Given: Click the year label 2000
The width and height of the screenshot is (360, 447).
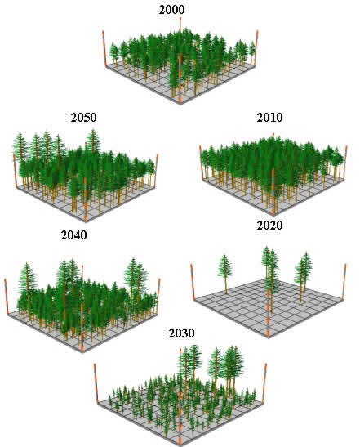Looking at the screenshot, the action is [171, 10].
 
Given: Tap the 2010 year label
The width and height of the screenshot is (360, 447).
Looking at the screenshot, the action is [269, 118].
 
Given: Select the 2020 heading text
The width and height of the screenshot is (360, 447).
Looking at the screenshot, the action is [269, 226].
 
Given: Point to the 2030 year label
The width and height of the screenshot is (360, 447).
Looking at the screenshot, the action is [182, 333].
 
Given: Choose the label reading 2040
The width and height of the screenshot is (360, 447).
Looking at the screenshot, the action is [74, 235].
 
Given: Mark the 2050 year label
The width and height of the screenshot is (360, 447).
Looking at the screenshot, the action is [84, 118].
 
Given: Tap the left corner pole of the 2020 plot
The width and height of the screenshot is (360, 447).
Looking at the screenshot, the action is [193, 282].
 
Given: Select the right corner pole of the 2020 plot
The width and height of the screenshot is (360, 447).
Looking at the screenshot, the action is [344, 282].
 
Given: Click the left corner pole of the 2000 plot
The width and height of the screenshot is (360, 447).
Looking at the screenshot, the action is [104, 49].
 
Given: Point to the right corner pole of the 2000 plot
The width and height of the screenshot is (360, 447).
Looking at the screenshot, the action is [256, 47].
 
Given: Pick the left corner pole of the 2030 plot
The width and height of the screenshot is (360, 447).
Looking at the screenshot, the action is [96, 384].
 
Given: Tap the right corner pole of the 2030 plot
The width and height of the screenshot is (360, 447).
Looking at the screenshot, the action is [264, 383].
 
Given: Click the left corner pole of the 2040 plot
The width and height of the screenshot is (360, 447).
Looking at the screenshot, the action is [7, 297].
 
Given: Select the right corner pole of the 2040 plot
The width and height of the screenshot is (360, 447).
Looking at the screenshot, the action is [158, 297].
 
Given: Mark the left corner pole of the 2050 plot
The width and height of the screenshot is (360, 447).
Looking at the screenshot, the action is [15, 172].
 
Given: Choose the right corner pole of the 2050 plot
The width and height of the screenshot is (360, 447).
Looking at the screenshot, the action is [156, 171].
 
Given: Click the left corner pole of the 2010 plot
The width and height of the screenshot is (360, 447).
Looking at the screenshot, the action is [202, 163].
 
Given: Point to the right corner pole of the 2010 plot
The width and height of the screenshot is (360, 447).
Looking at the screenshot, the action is [345, 163].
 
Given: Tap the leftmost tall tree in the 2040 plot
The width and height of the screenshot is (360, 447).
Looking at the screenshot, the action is [27, 288].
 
